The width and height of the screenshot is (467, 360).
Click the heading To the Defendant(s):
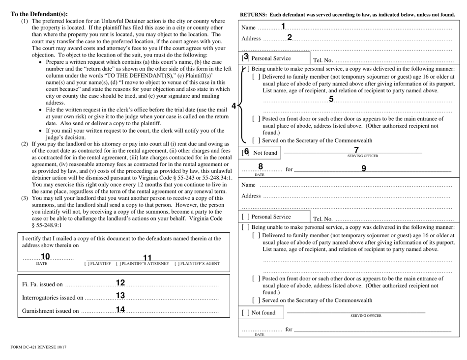tap(39, 14)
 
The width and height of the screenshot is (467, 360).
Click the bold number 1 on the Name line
tap(284, 27)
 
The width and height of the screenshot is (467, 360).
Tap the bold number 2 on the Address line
tap(290, 38)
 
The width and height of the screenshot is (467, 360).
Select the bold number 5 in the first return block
tap(331, 99)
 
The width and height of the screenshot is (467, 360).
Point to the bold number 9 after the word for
tap(364, 168)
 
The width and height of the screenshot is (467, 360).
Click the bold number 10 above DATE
tap(45, 257)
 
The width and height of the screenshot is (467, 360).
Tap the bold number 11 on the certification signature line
tap(147, 258)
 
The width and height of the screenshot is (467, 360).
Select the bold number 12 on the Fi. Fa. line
tap(120, 283)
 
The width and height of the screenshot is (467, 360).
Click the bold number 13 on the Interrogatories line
tap(120, 296)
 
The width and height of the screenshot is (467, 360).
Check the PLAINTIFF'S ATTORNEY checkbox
tap(118, 264)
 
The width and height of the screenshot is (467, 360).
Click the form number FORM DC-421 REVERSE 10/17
tap(39, 348)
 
